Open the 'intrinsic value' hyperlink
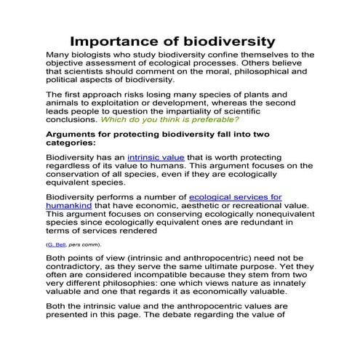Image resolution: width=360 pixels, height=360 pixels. [157, 157]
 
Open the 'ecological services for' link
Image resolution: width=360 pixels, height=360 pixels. [235, 197]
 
